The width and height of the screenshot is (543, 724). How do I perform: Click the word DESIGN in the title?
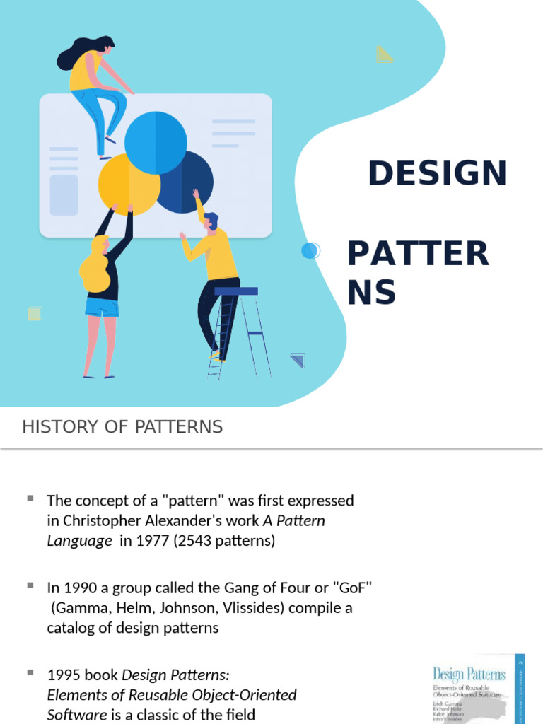click(438, 173)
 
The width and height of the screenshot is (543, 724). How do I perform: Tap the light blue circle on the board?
click(156, 142)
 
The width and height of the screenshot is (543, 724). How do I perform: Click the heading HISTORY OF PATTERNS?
click(122, 427)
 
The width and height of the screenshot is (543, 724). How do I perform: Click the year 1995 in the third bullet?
click(64, 675)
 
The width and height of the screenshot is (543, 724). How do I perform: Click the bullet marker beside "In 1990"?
click(30, 586)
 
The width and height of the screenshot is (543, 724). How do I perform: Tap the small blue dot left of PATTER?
click(309, 250)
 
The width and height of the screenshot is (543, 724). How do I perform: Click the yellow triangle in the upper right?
click(385, 54)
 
